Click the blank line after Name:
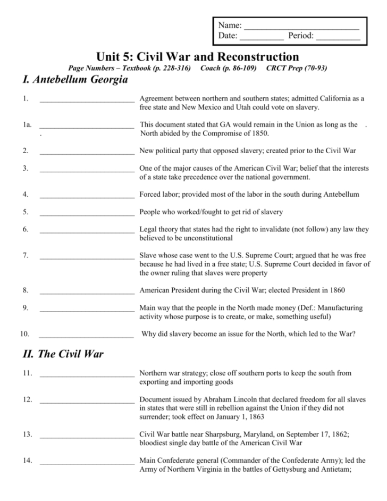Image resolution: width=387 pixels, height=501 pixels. point(301,27)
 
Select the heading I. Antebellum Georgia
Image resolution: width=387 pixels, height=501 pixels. point(75,80)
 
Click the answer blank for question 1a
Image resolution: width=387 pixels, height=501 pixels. point(87,126)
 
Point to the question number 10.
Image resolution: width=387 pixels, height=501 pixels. point(24,335)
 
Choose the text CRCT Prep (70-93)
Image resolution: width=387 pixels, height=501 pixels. point(297,68)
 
